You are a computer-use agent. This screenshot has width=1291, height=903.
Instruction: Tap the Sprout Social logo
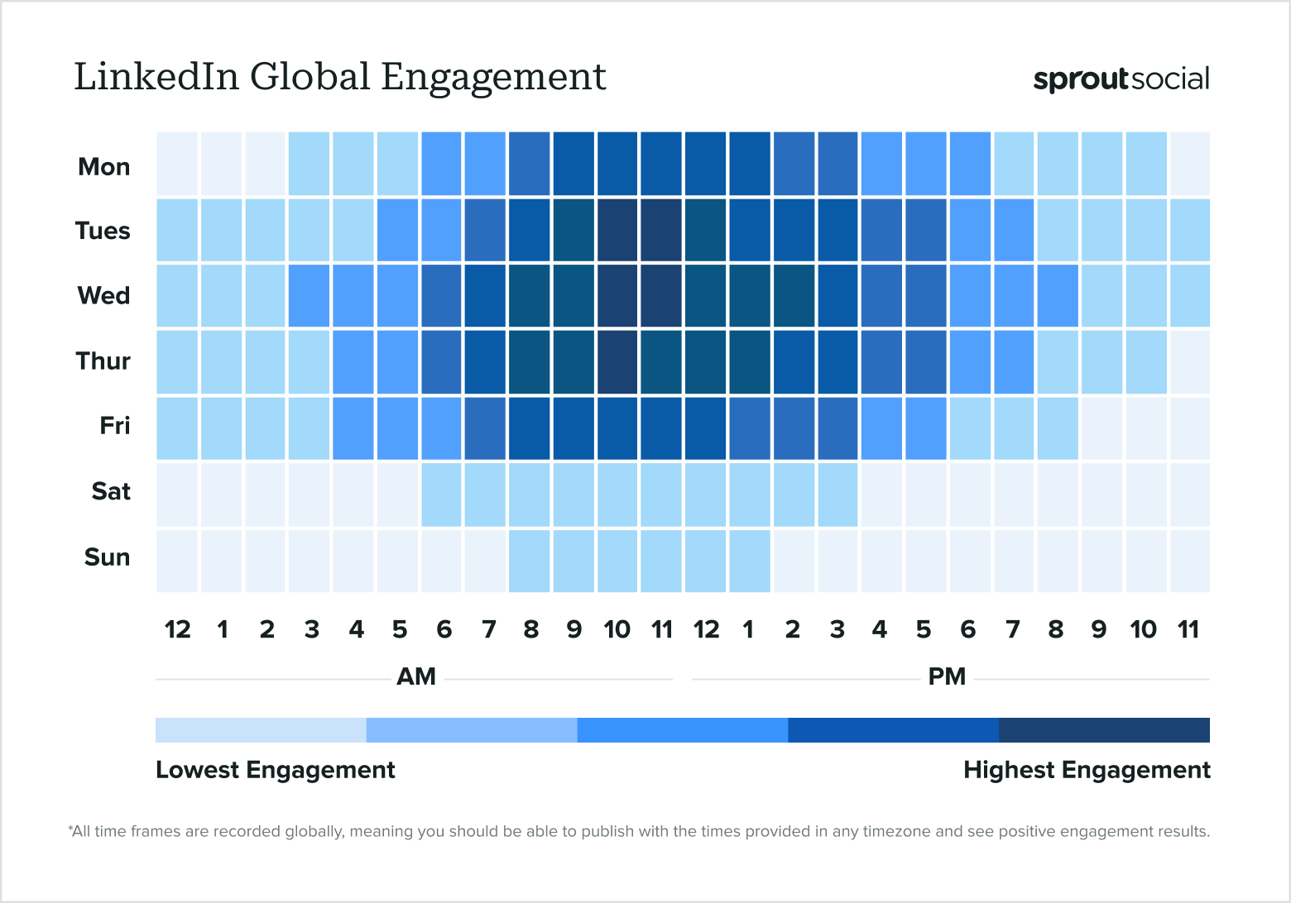[1121, 79]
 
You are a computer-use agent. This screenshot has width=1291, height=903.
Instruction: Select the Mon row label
[103, 166]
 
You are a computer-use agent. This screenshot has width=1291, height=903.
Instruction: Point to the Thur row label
[103, 361]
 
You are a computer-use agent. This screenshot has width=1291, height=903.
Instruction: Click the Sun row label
[107, 557]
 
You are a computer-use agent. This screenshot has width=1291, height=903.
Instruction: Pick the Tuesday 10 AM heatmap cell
[617, 230]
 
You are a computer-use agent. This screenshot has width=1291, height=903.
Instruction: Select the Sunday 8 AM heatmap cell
[530, 561]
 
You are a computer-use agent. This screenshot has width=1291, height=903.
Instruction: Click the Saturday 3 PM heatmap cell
[837, 494]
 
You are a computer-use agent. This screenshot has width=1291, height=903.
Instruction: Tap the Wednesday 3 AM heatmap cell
[310, 295]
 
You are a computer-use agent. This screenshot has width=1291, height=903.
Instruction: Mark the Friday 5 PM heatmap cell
[925, 428]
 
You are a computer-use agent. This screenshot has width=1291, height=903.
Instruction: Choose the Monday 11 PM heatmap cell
[1189, 164]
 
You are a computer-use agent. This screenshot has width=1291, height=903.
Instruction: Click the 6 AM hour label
[444, 630]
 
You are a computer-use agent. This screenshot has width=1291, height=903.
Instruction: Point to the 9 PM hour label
[1099, 630]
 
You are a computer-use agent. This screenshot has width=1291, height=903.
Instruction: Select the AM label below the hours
[415, 677]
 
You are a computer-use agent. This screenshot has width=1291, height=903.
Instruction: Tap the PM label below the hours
[947, 677]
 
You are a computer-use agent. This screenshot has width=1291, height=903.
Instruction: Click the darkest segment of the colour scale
[1104, 730]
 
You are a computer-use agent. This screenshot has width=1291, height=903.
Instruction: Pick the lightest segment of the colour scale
[261, 730]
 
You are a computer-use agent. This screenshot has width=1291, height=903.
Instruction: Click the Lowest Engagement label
[275, 770]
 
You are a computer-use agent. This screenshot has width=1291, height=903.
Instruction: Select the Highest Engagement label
[1086, 770]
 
